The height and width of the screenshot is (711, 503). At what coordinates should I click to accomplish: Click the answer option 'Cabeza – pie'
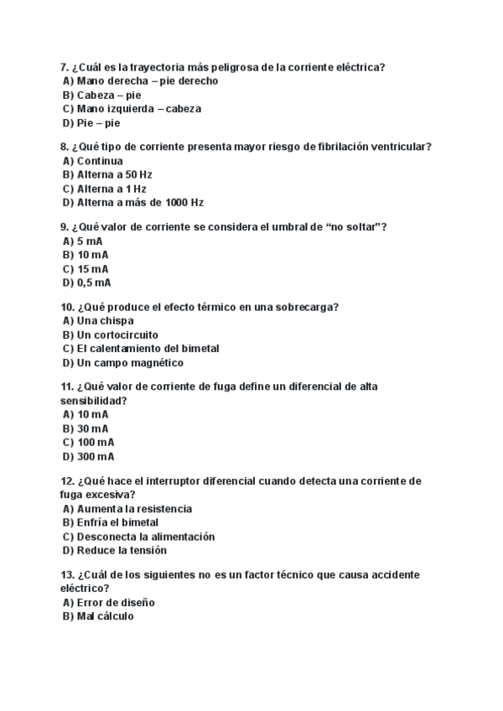(109, 95)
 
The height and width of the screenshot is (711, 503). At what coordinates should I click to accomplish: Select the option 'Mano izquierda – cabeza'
(138, 109)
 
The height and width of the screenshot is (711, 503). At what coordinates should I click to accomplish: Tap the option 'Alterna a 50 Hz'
(114, 174)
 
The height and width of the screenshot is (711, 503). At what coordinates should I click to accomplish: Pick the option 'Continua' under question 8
(99, 161)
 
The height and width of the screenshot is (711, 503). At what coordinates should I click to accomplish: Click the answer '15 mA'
(92, 269)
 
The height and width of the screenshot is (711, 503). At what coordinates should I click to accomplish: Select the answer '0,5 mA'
(93, 283)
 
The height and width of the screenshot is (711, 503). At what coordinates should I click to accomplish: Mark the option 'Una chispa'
(105, 321)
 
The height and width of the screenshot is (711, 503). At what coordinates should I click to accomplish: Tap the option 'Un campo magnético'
(129, 363)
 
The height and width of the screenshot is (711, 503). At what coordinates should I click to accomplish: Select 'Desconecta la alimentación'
(145, 537)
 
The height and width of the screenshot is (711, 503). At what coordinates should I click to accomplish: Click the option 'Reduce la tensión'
(121, 550)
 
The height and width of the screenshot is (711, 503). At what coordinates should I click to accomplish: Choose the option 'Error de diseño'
(115, 603)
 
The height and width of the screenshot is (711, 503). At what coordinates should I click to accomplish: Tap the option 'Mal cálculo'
(105, 616)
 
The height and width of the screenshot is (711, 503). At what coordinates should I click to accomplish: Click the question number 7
(64, 67)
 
